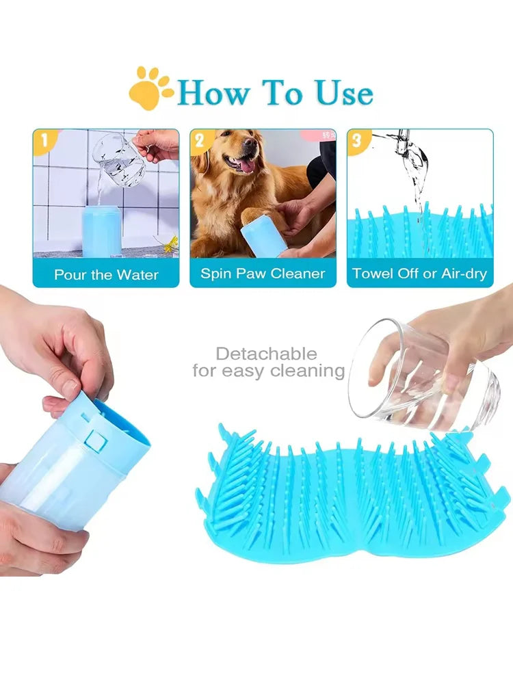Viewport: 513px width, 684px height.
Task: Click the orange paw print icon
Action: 150,88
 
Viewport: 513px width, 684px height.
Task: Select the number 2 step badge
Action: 200,142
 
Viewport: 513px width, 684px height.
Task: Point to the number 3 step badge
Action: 357,142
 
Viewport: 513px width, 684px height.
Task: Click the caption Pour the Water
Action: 106,275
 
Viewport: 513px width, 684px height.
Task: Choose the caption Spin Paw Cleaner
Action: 263,274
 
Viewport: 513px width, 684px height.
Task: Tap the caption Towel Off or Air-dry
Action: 419,274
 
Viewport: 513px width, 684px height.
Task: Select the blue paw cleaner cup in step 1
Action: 101,231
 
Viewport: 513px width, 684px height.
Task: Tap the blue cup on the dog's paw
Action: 263,236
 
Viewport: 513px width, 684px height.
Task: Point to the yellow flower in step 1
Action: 171,242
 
